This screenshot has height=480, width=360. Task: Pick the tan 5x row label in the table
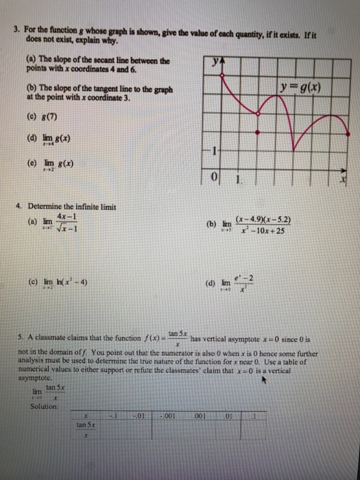pos(88,426)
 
